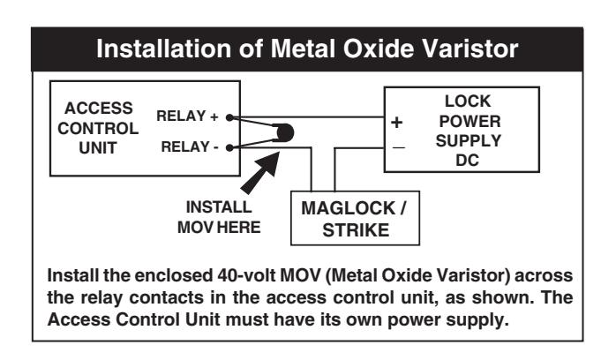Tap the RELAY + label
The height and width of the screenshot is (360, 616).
coord(187,116)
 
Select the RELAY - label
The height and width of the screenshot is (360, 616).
coord(190,146)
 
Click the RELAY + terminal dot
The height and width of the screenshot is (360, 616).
coord(229,117)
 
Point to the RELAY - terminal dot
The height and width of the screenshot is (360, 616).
coord(229,147)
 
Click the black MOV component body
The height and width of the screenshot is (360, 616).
coord(284,132)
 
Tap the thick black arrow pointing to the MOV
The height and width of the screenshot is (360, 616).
coord(261,172)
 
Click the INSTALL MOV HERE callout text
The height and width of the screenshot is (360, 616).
coord(219,217)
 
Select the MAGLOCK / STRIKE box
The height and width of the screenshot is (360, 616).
coord(355,218)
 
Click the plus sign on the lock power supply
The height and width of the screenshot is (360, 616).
coord(397,123)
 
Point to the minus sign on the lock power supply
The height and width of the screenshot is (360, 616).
coord(398,147)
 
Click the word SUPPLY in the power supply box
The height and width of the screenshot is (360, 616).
coord(469,140)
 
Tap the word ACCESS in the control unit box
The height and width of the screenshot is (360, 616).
coord(99,109)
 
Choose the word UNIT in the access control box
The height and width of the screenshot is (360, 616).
coord(98,148)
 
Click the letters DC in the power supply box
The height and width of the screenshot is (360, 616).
coord(468,161)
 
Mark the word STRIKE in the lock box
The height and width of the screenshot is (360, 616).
coord(356,230)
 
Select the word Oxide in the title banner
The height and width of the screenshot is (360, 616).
coord(375,49)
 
